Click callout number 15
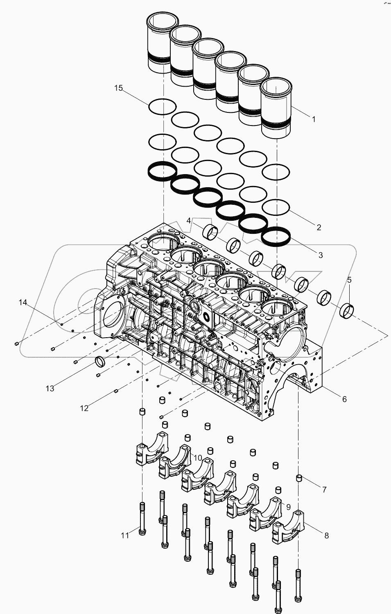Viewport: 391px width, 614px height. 118,88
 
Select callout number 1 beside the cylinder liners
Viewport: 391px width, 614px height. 314,119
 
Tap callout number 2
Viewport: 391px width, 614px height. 319,228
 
